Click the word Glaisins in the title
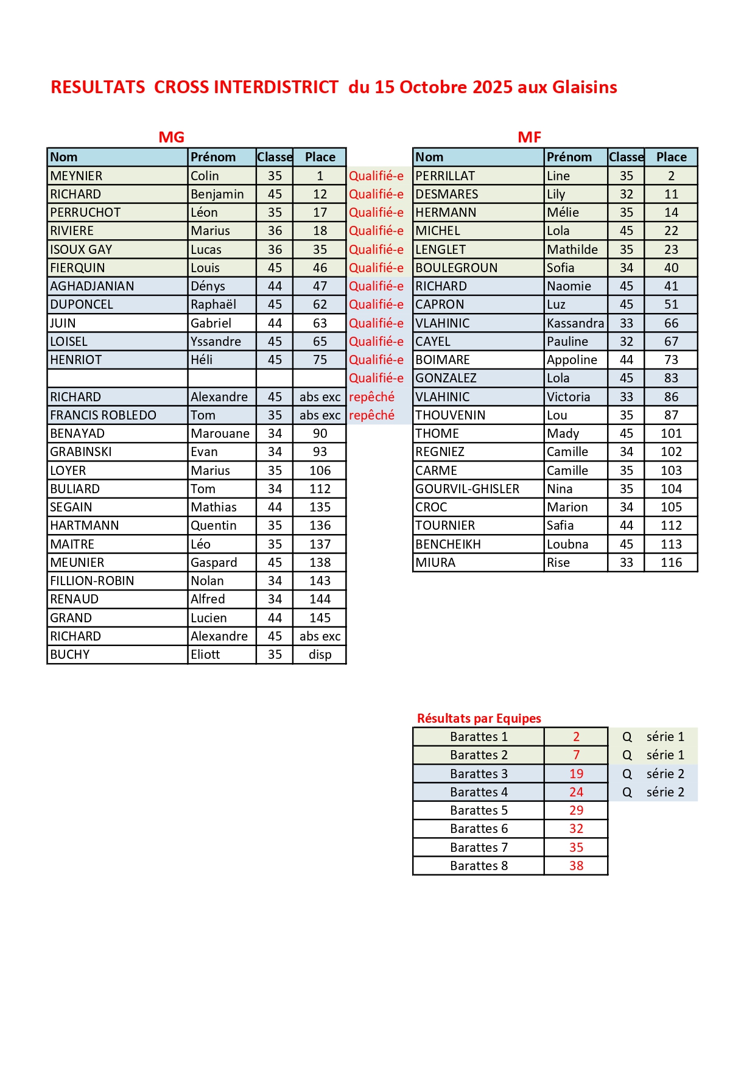585,87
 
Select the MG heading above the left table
171,137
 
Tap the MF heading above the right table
529,137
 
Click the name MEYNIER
76,176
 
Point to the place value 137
320,544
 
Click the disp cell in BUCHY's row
320,655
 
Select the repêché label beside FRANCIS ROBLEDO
371,415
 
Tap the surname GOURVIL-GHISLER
467,489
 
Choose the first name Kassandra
575,323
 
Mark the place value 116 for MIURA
671,563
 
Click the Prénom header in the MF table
569,157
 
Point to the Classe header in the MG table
275,157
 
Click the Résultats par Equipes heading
479,718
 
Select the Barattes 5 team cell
479,810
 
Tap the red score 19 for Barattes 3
576,774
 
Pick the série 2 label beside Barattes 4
665,792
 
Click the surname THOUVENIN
450,415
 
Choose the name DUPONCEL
82,304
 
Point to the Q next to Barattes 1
627,737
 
